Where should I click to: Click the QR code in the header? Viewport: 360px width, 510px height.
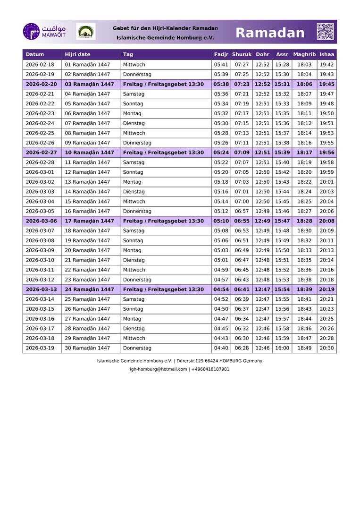point(325,32)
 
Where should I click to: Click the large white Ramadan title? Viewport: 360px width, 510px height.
point(270,33)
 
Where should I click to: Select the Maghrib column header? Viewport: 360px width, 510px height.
point(304,55)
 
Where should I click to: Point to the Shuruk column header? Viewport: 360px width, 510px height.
point(242,55)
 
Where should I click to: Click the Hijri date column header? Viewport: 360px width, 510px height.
point(77,55)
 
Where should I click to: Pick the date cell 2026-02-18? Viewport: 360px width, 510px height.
point(40,65)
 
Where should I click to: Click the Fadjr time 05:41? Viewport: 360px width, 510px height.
point(221,65)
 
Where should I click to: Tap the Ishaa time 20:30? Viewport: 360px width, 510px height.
point(327,348)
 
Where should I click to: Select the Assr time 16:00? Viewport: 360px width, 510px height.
point(282,348)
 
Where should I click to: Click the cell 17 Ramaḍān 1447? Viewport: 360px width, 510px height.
point(89,221)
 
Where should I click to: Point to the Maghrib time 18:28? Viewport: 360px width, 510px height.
point(304,221)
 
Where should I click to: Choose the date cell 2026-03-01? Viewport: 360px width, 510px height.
point(40,172)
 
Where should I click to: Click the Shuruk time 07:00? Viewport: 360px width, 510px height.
point(242,202)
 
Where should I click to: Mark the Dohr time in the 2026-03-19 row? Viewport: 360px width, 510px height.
point(262,348)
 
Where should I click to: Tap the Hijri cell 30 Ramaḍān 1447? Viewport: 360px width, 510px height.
point(87,348)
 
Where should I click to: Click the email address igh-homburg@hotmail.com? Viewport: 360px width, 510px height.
point(159,369)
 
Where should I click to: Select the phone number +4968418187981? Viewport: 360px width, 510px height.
point(210,369)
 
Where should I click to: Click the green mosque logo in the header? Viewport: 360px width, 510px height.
point(85,32)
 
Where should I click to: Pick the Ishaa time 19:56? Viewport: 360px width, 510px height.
point(327,153)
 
